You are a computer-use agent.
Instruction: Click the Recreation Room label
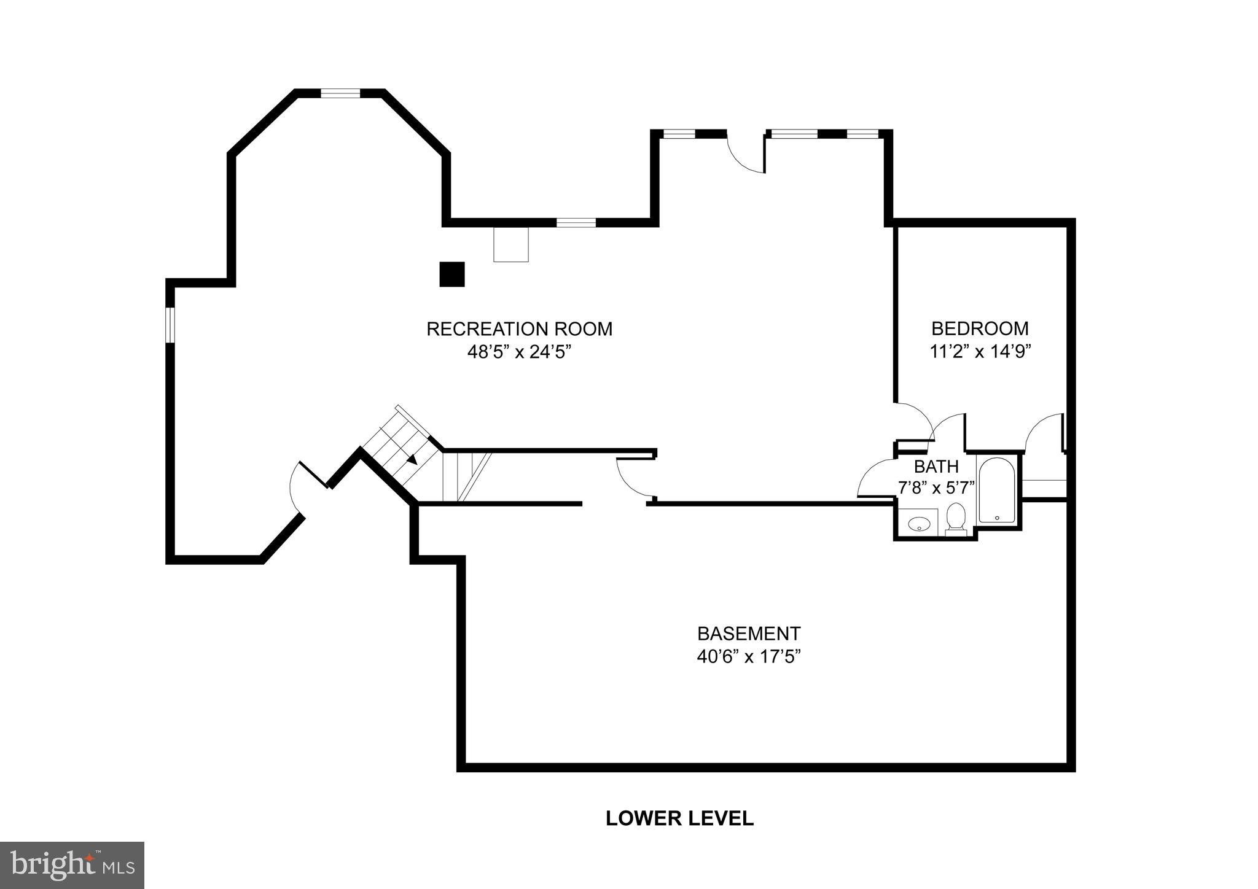[x=519, y=329]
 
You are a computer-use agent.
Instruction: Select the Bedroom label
[x=980, y=328]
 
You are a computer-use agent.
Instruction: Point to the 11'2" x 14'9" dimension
[x=980, y=352]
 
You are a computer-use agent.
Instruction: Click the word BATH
[x=936, y=467]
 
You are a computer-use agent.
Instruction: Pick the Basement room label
[x=749, y=633]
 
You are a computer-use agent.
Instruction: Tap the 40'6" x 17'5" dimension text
[x=749, y=657]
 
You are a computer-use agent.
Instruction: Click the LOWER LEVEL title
[x=679, y=818]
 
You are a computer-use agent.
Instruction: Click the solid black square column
[x=451, y=274]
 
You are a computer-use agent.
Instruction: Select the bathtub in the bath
[x=996, y=490]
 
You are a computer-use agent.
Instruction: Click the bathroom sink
[x=919, y=524]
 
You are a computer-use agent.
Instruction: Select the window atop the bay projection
[x=340, y=93]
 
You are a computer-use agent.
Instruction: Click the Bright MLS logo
[x=72, y=866]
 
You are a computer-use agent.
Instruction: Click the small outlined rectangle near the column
[x=511, y=244]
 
